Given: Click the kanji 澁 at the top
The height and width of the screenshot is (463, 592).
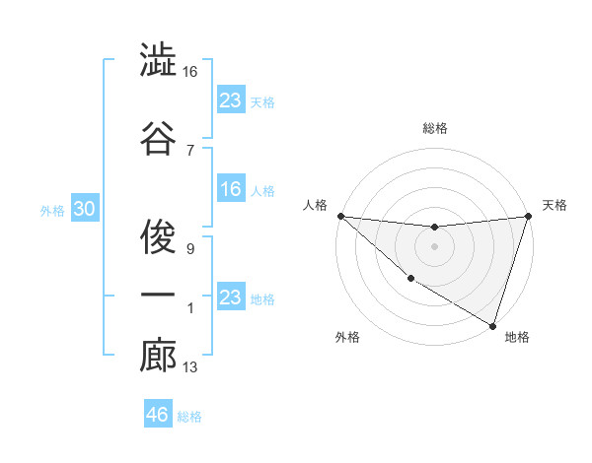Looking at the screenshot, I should [x=158, y=62].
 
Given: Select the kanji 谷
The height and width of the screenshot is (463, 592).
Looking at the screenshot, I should [x=158, y=137].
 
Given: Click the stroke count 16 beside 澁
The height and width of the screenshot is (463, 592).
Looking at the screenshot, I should [x=190, y=72].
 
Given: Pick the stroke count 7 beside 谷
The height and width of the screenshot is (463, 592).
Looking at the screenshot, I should [x=189, y=150].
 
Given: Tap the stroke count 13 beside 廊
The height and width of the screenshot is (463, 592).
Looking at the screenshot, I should [x=190, y=367].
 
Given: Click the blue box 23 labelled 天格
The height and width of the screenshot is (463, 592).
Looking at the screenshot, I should [x=230, y=99].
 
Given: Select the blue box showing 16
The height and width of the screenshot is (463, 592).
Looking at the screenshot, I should [x=230, y=189].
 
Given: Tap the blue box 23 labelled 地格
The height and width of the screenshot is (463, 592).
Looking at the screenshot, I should [x=230, y=298].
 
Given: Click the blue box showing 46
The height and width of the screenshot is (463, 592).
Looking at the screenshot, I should [x=157, y=415].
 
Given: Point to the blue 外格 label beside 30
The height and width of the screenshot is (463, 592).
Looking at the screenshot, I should [x=52, y=210].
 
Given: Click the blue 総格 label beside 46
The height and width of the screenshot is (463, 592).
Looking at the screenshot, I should [x=189, y=417].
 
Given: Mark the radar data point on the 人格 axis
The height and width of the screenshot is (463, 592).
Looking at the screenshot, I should [x=340, y=216].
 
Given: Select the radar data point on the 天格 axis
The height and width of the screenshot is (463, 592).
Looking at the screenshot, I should [x=528, y=217].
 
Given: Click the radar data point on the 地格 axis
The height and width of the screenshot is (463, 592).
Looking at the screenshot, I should [x=492, y=325].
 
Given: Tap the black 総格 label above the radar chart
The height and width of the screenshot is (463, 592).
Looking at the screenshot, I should [x=434, y=128].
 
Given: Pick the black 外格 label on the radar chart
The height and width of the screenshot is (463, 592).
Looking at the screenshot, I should [x=347, y=337].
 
